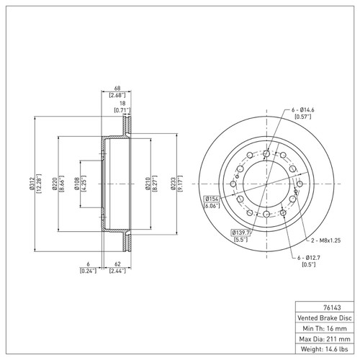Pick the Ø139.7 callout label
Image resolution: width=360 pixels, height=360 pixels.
click(240, 233)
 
